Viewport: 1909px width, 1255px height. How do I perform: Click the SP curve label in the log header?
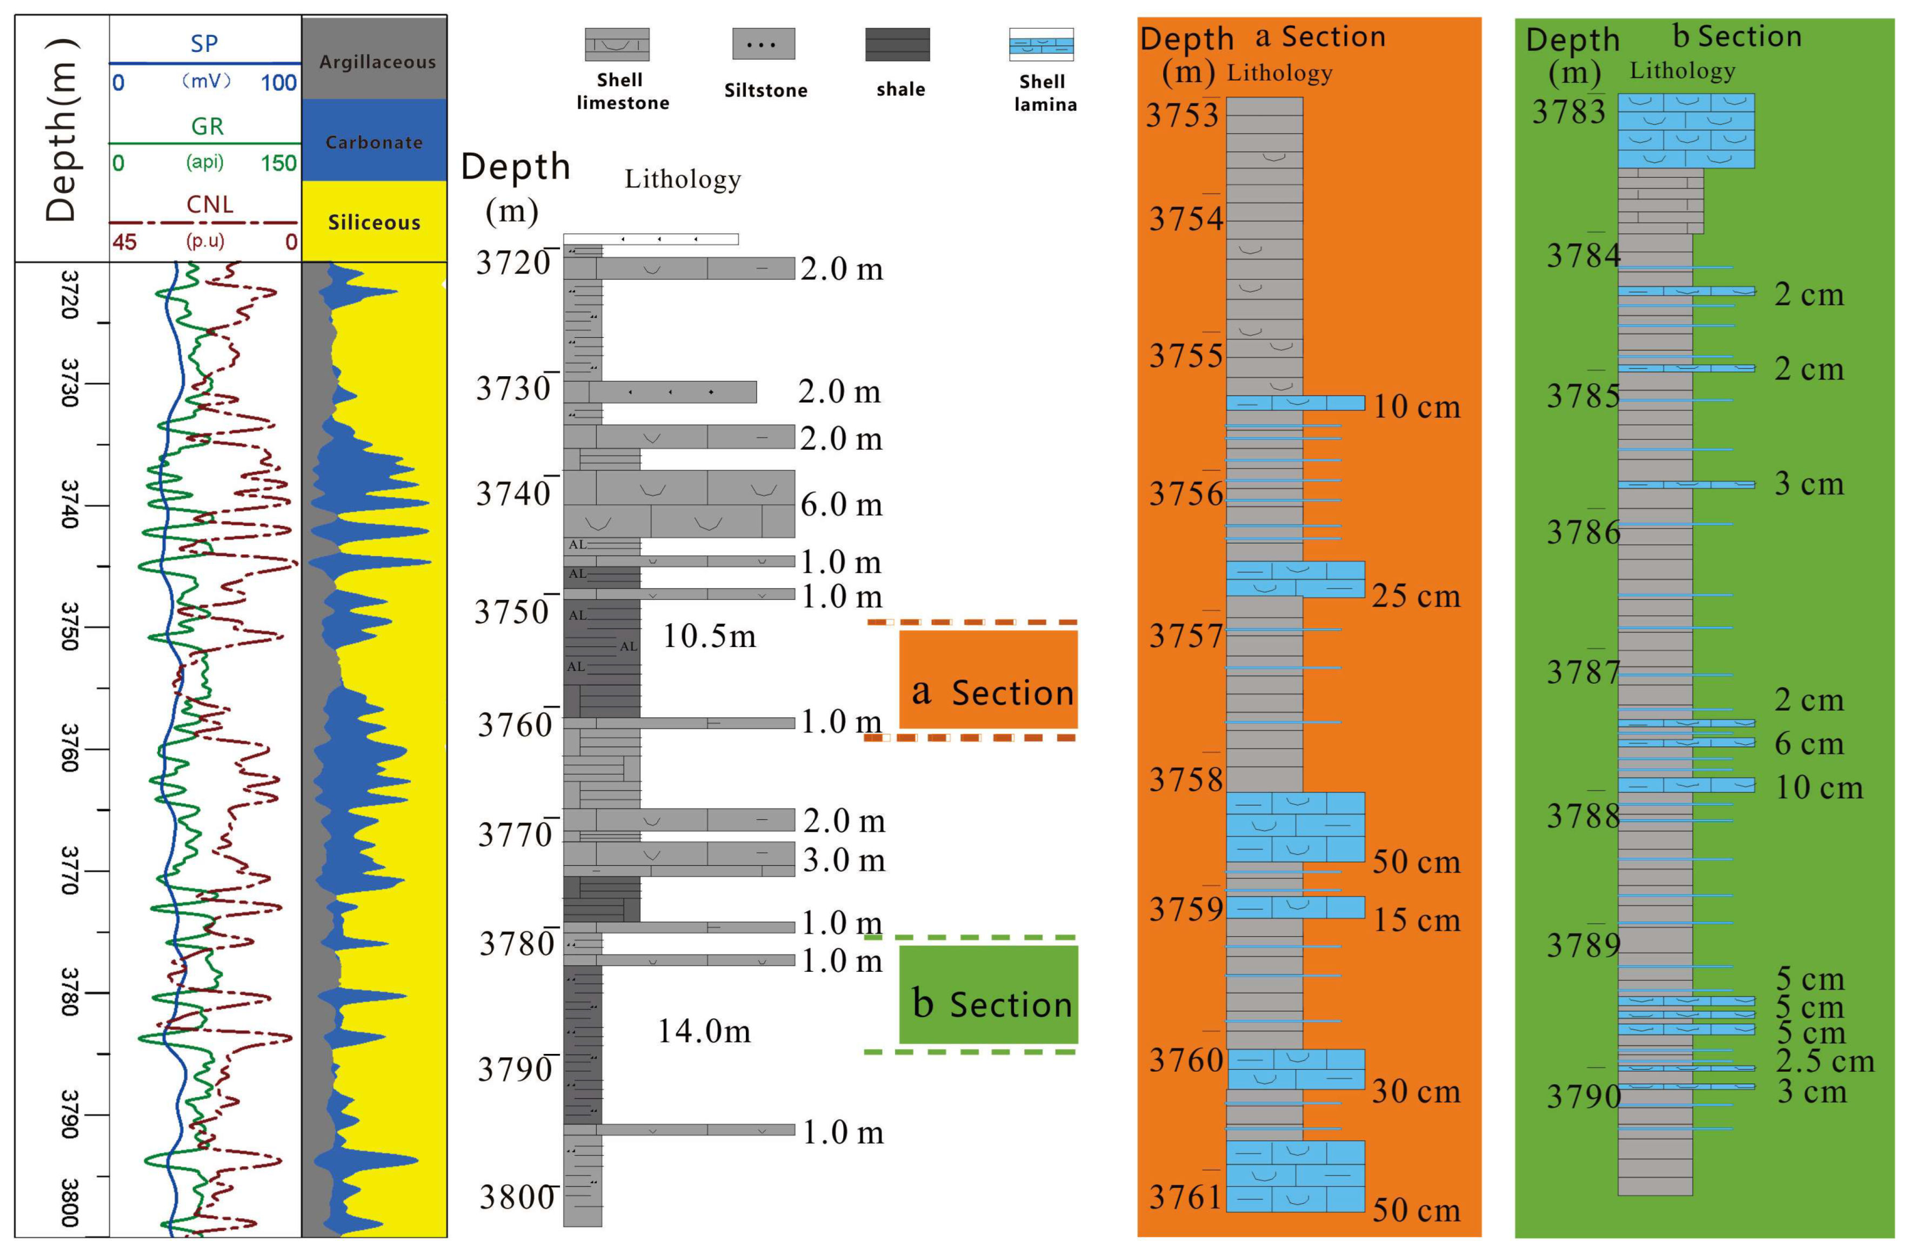click(x=204, y=43)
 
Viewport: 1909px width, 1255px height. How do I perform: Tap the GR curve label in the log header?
click(x=207, y=126)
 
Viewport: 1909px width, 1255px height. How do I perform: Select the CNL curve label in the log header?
click(x=209, y=204)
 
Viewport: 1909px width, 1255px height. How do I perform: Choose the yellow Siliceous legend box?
click(x=375, y=222)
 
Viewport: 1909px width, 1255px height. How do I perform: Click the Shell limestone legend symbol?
click(x=617, y=44)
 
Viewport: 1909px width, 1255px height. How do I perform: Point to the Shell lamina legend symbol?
click(x=1041, y=44)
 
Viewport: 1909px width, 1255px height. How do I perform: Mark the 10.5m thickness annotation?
click(x=709, y=636)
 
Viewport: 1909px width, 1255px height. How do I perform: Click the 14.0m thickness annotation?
click(x=704, y=1031)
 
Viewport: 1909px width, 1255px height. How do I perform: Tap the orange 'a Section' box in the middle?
click(x=988, y=680)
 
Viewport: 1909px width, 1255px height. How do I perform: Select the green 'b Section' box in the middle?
click(x=988, y=995)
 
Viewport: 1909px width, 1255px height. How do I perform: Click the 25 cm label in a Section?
click(x=1416, y=596)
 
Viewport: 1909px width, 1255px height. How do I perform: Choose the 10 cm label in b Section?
click(x=1818, y=787)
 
